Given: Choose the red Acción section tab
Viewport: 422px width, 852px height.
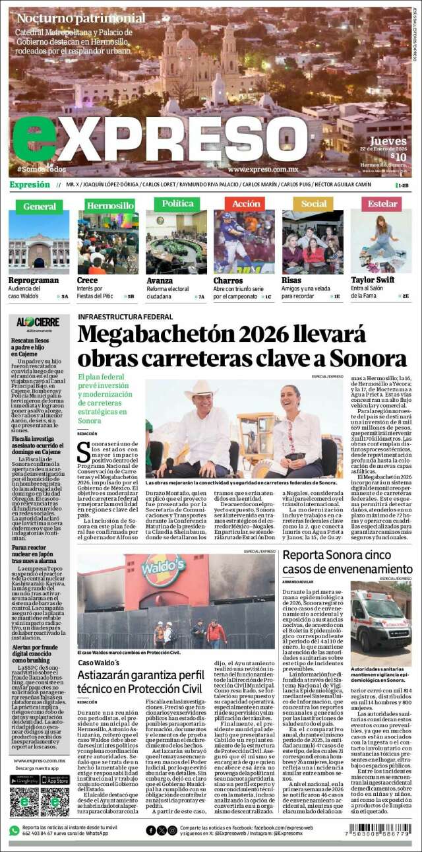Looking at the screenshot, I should pos(245,204).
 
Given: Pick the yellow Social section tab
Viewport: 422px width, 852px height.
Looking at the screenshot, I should pos(313,204).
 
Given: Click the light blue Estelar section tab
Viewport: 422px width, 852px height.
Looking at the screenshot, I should pos(382,204).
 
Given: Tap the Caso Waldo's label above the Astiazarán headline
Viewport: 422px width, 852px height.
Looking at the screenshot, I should pos(99,662).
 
